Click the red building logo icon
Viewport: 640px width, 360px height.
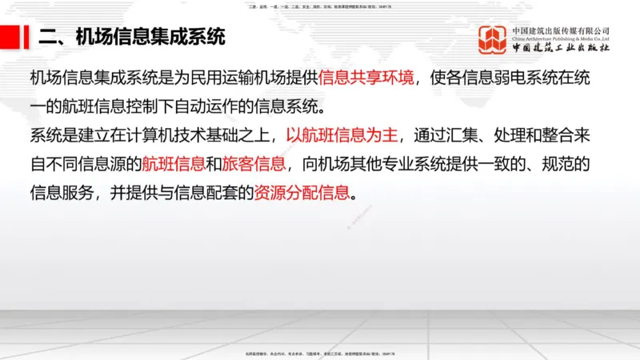(493, 40)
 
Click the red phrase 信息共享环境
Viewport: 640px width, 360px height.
(366, 78)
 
